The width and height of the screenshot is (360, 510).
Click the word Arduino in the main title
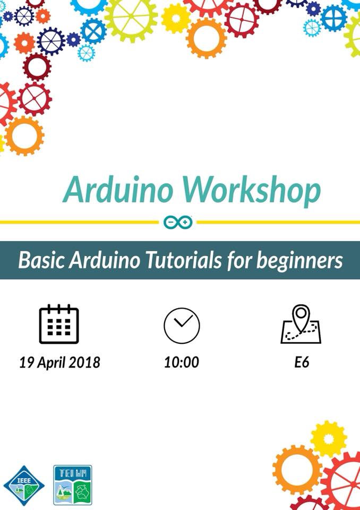coord(117,189)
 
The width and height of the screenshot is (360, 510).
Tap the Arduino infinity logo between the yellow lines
coord(178,223)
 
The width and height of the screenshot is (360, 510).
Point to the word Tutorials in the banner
coord(184,260)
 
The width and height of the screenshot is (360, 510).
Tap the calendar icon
coord(59,324)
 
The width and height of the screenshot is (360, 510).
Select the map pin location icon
coord(301,324)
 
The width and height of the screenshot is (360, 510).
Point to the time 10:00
coord(182,362)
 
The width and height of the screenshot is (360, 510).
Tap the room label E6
coord(302,362)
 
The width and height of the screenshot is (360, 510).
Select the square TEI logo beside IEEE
coord(73,484)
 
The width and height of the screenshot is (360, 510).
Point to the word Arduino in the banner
coord(105,260)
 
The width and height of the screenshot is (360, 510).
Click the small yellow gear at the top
coord(176,19)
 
